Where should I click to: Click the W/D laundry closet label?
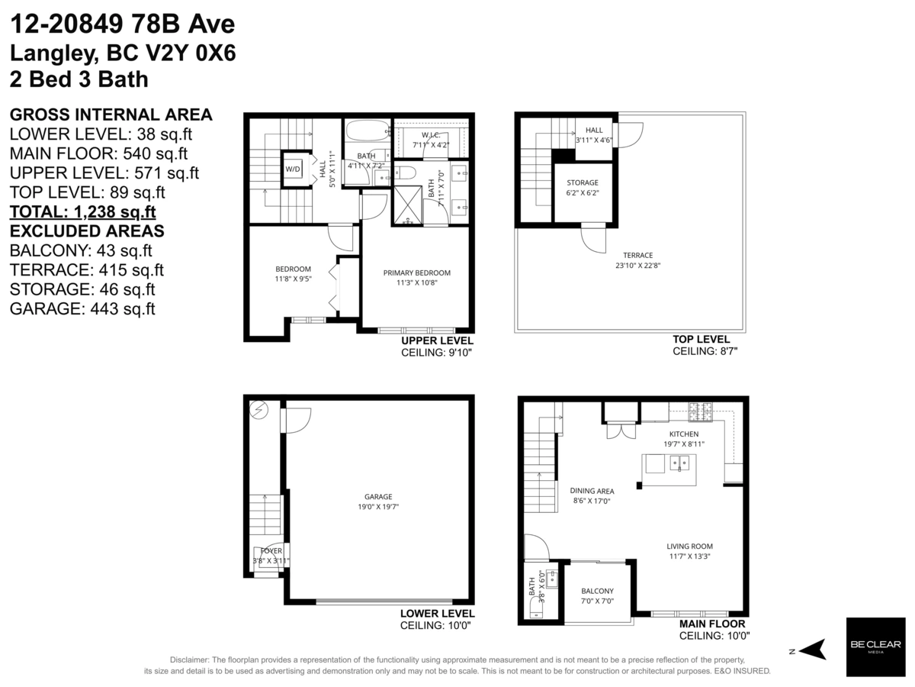click(x=293, y=169)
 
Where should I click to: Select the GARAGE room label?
click(x=378, y=495)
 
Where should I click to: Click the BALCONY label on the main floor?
click(x=597, y=591)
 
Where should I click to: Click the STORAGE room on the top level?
click(x=582, y=183)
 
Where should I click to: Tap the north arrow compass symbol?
click(x=812, y=650)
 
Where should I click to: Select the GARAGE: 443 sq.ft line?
click(x=82, y=308)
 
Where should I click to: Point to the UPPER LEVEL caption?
click(x=437, y=340)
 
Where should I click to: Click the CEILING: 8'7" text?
click(x=705, y=351)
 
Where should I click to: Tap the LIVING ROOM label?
click(x=689, y=546)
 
